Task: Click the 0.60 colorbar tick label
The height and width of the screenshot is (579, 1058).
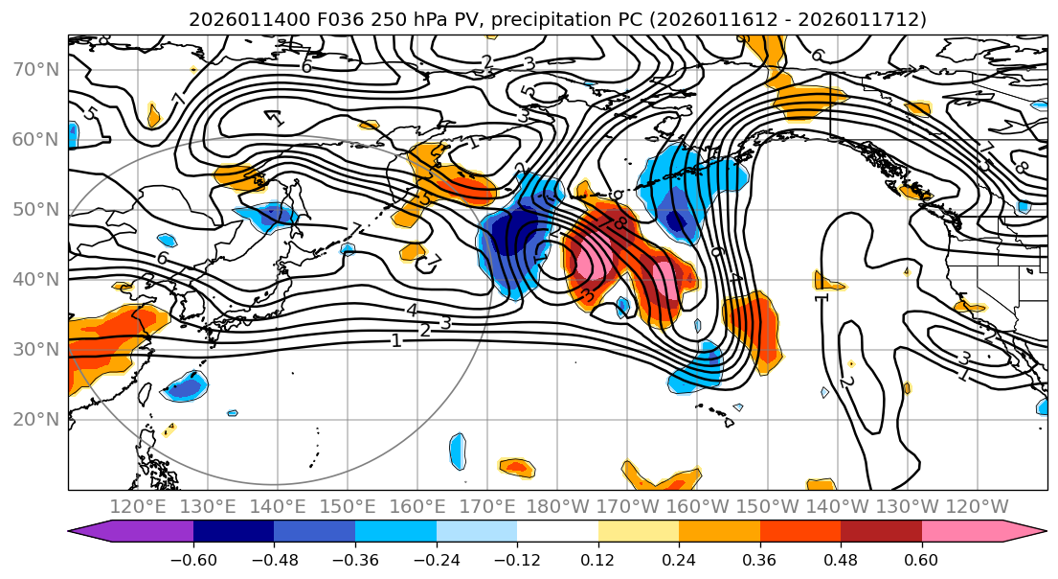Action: pyautogui.click(x=921, y=560)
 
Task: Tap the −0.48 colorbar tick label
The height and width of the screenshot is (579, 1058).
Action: pyautogui.click(x=274, y=560)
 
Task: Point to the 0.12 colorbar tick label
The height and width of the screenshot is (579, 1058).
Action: pyautogui.click(x=597, y=560)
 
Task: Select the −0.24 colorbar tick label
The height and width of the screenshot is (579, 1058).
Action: pyautogui.click(x=436, y=560)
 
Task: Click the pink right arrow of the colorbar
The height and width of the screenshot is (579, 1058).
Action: pyautogui.click(x=1024, y=532)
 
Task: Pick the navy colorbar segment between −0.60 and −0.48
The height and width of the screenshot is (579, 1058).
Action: pyautogui.click(x=234, y=532)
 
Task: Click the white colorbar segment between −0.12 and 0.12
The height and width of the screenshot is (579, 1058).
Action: pyautogui.click(x=557, y=532)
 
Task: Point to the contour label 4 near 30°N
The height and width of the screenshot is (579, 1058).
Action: pyautogui.click(x=412, y=311)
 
